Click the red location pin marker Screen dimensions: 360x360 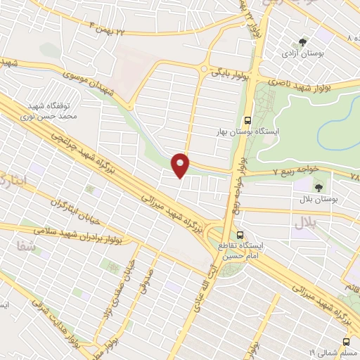point(181,165)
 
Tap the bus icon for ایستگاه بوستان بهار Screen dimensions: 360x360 point(247,120)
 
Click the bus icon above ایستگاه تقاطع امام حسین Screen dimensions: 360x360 point(240,235)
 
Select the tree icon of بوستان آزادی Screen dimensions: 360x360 point(302,42)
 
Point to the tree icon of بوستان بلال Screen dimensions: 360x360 point(319,187)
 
